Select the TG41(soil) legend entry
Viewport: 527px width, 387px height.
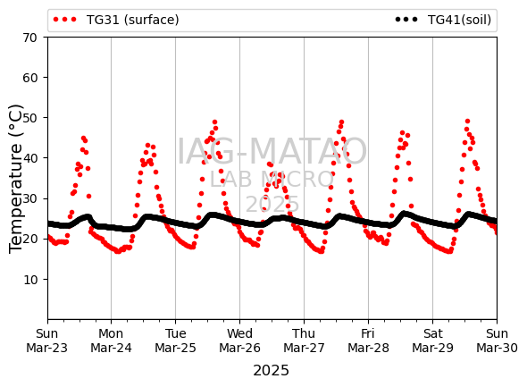[x=443, y=20]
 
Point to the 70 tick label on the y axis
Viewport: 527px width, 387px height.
[x=29, y=38]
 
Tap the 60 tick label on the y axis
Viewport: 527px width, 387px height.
[x=29, y=78]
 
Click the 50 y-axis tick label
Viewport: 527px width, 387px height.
[x=29, y=118]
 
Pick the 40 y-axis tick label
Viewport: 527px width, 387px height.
[x=29, y=158]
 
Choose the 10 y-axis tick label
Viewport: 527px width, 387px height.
[x=29, y=280]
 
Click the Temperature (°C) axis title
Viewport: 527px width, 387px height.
[x=15, y=179]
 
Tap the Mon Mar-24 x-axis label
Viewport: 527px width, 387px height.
[x=112, y=341]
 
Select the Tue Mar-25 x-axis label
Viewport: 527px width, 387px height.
[x=175, y=341]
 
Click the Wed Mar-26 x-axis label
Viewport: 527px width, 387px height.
[x=239, y=341]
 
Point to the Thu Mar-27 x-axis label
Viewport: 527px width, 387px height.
[x=304, y=341]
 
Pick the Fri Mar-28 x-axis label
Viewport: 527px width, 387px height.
[x=368, y=341]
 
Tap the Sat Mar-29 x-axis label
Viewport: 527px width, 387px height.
[x=432, y=341]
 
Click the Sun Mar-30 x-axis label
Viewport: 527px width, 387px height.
[x=497, y=341]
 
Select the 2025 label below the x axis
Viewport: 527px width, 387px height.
[x=271, y=371]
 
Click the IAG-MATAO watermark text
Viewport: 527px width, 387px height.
[x=272, y=151]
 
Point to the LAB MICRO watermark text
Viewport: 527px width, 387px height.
[x=272, y=180]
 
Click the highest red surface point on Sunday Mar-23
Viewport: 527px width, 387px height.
[x=83, y=138]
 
